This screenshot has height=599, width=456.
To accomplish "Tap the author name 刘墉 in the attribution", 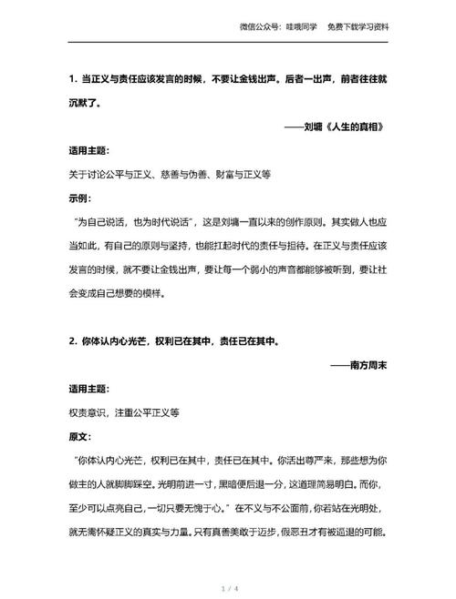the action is tap(312, 127).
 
